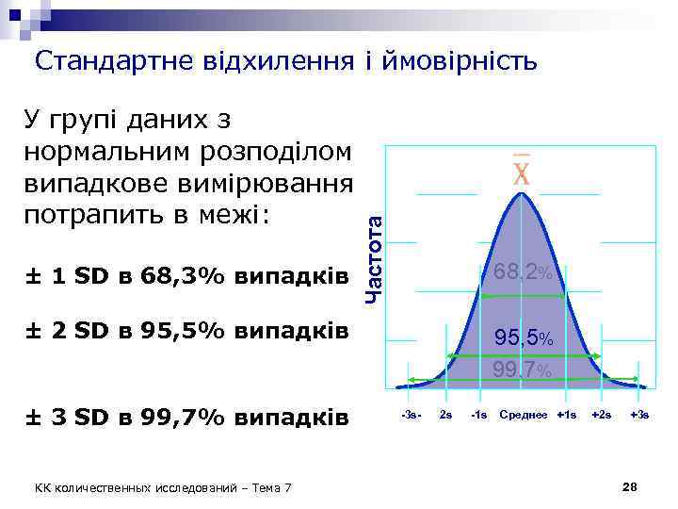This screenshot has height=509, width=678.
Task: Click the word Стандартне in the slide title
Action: coord(114,62)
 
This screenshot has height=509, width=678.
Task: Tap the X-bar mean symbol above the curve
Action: coord(521,172)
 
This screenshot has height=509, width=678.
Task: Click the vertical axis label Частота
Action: coord(373,255)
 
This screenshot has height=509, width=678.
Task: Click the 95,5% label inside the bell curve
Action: coord(524,337)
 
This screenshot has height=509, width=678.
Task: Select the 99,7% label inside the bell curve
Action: coord(523,369)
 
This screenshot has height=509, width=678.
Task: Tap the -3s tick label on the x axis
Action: coord(412,416)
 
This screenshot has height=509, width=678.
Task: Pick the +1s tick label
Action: coord(567,416)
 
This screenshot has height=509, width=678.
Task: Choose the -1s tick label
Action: coord(478,416)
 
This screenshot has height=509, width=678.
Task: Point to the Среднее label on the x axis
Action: coord(525,416)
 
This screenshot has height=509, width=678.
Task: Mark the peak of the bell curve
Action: coord(522,194)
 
